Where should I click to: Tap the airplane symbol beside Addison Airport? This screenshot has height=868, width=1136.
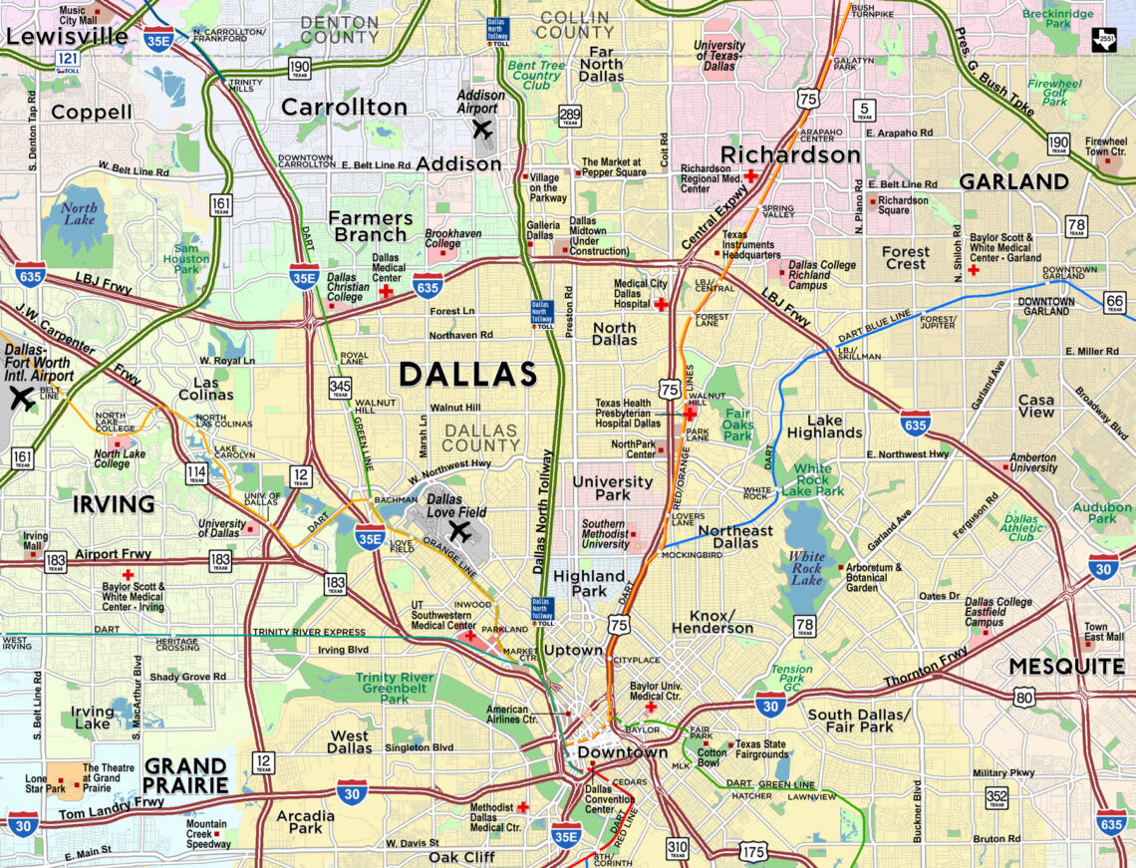point(483,129)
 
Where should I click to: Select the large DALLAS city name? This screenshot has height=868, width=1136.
point(468,375)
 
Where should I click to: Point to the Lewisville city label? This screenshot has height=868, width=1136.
point(66,37)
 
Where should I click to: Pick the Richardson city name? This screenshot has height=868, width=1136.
point(789,154)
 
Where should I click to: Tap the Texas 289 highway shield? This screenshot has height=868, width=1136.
point(570,117)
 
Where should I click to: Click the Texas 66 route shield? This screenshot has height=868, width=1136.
point(1116,302)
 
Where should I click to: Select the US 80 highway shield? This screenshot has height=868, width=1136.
point(1024,697)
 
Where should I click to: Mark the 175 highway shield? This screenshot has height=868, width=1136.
point(754,851)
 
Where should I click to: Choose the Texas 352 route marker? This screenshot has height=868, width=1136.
point(996,795)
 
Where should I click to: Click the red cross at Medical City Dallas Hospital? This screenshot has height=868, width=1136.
point(660,304)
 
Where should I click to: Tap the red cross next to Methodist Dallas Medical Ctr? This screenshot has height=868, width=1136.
point(522,807)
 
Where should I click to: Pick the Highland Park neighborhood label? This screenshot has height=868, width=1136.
point(588,583)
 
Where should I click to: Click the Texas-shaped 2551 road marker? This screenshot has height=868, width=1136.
point(1103,39)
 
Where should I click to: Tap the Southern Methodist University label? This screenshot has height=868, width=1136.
point(605,534)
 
